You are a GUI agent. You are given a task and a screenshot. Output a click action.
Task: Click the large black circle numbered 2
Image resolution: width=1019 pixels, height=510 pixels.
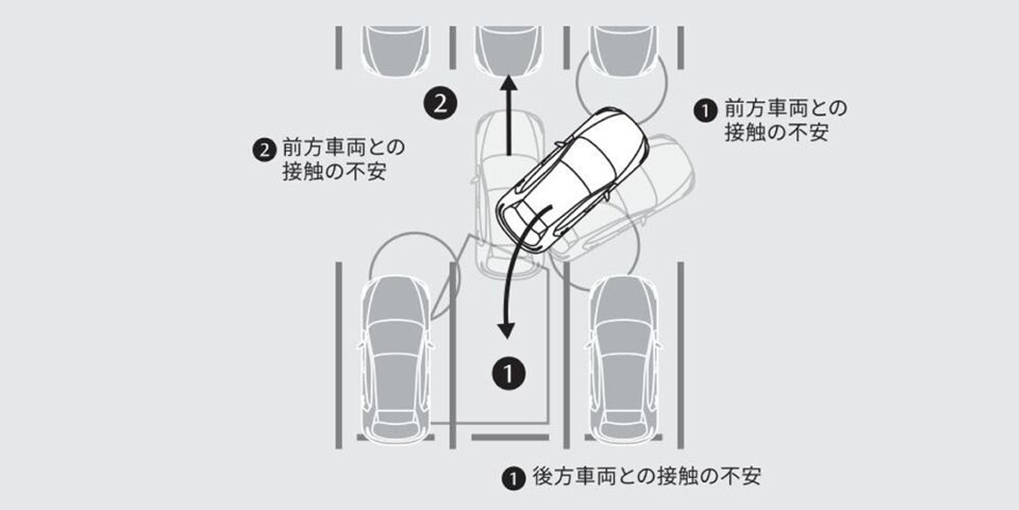click(440, 104)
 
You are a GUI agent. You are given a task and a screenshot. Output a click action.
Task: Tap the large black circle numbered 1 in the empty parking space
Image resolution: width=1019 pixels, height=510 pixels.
click(509, 373)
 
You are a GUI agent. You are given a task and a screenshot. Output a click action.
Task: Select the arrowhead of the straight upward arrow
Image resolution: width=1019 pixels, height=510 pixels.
click(509, 82)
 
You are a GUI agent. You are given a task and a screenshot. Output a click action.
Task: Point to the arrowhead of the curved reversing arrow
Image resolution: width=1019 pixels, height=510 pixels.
click(506, 330)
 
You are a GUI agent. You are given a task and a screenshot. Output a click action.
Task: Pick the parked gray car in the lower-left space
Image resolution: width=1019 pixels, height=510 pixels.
click(396, 360)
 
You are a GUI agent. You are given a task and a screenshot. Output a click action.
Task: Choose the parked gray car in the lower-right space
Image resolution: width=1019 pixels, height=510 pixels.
click(622, 360)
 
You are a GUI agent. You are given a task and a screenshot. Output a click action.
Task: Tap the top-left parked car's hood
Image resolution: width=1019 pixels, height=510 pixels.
click(396, 50)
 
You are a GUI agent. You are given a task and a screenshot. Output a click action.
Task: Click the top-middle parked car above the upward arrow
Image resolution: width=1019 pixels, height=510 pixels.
click(509, 50)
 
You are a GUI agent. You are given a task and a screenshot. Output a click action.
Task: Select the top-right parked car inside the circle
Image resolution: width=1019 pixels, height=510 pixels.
click(622, 50)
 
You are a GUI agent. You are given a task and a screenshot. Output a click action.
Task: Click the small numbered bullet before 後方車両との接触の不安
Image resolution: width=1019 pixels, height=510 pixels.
click(512, 479)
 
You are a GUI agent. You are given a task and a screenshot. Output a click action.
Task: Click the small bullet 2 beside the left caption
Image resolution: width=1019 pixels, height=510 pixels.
click(263, 150)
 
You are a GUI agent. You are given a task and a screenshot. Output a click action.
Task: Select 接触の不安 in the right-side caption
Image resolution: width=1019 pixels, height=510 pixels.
click(776, 133)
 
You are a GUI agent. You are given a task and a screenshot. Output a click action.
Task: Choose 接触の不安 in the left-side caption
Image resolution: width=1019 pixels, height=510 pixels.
click(334, 172)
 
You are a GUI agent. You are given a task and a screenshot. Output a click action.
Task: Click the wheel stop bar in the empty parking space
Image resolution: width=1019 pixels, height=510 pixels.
click(509, 437)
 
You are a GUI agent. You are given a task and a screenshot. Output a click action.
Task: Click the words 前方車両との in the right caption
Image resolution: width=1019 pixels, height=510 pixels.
click(786, 109)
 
